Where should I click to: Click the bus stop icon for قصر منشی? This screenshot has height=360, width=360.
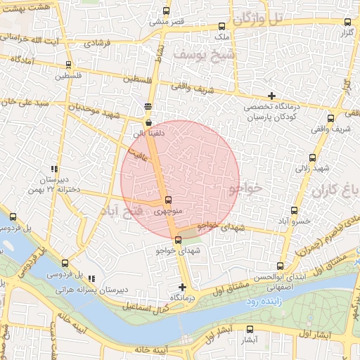pyautogui.click(x=166, y=11)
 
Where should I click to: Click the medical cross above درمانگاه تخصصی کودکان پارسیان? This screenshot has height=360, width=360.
pyautogui.click(x=271, y=96)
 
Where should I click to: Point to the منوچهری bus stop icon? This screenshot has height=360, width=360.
pyautogui.click(x=167, y=200)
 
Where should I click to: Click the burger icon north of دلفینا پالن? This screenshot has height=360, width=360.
pyautogui.click(x=147, y=107)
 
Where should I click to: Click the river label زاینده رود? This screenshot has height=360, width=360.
pyautogui.click(x=262, y=300)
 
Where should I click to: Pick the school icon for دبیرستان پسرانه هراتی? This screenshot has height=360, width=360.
pyautogui.click(x=92, y=278)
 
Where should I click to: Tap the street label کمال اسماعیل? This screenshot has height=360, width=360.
pyautogui.click(x=146, y=306)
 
